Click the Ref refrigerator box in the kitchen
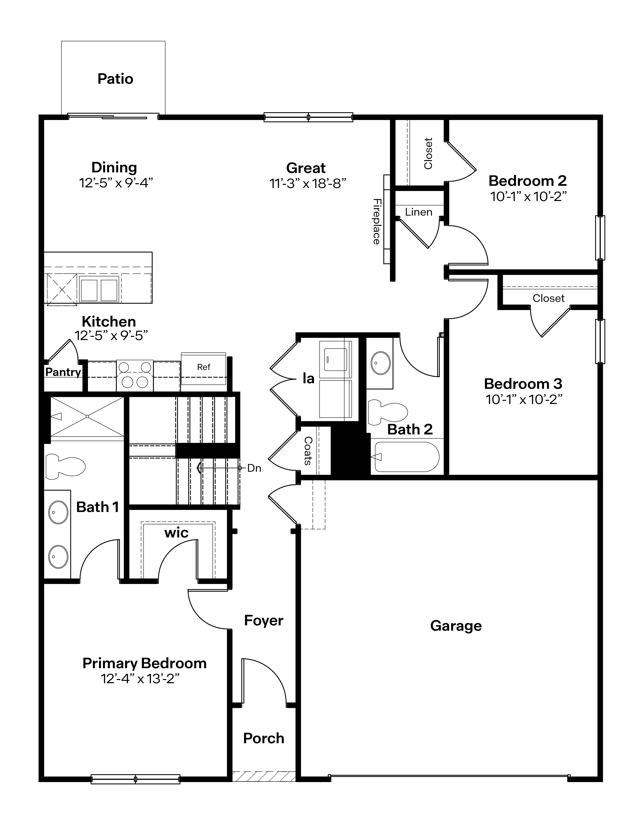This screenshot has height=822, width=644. click(204, 367)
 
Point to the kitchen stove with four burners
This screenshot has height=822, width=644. click(135, 375)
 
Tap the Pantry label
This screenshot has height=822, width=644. click(63, 372)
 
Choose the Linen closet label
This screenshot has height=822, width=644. click(419, 212)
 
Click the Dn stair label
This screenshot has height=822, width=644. click(254, 468)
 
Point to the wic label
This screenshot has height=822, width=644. click(176, 533)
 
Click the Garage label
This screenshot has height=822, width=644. click(456, 626)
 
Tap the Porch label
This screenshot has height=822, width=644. click(264, 738)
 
